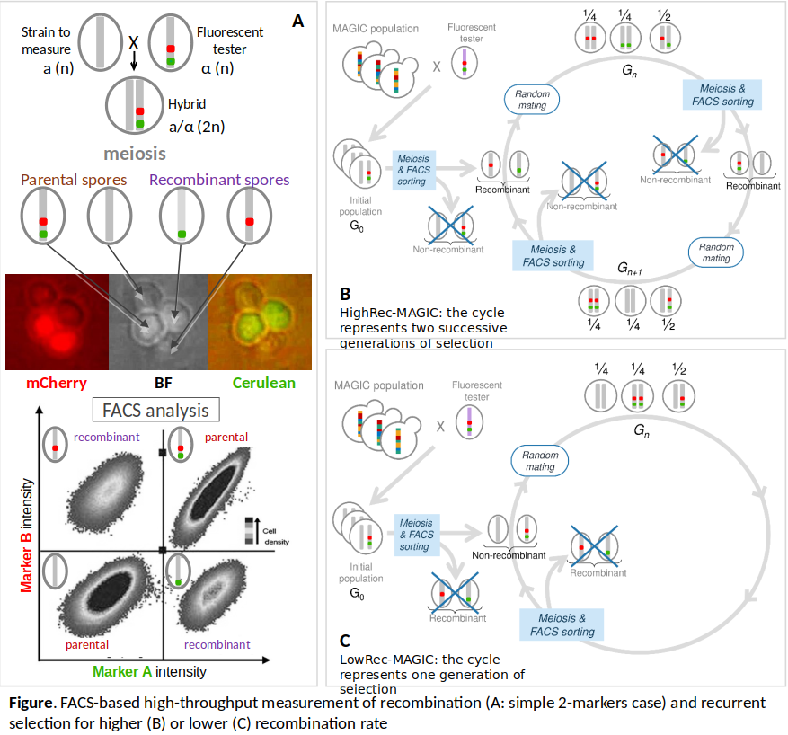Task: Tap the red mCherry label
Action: click(56, 383)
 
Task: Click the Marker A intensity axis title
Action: click(149, 670)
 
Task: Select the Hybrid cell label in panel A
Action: click(187, 104)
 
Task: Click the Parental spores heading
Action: click(74, 180)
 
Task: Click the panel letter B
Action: click(346, 293)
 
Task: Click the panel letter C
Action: click(346, 641)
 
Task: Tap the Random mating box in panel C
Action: click(540, 460)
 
